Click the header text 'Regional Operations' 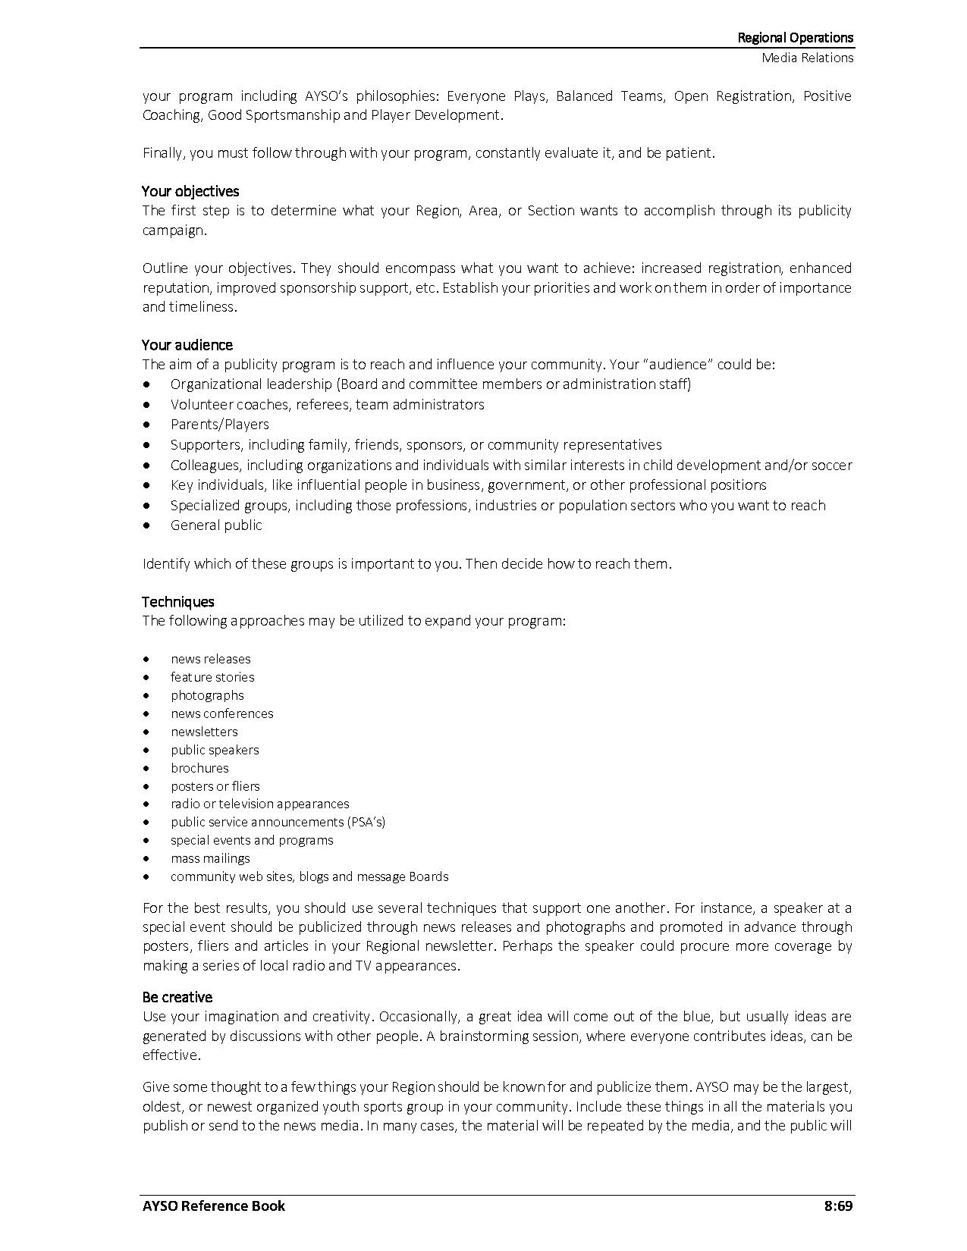[x=796, y=37]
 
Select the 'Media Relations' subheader [x=808, y=58]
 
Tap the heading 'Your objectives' [x=190, y=191]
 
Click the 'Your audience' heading [x=187, y=345]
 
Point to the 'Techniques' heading [x=178, y=602]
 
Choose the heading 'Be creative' [x=177, y=997]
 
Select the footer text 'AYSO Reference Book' [x=214, y=1206]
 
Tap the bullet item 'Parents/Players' [x=220, y=425]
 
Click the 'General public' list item [x=216, y=525]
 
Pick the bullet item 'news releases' [x=210, y=659]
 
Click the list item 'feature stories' [x=212, y=677]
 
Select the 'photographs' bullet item [x=207, y=695]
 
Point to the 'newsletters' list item [x=204, y=732]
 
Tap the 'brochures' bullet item [x=199, y=768]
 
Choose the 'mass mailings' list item [x=210, y=858]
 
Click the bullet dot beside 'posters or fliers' [x=146, y=786]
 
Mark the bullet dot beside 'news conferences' [x=146, y=713]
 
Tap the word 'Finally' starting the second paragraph [x=163, y=153]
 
